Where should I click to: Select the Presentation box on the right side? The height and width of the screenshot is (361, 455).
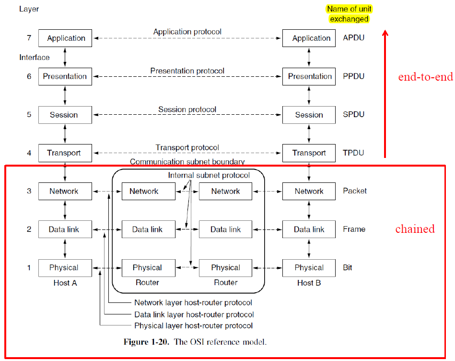(309, 76)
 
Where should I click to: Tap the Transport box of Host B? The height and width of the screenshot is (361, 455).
(309, 153)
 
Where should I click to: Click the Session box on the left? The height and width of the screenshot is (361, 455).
(64, 115)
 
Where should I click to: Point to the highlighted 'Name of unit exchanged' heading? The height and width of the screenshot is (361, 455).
(349, 14)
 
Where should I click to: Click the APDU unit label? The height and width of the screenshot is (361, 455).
(354, 37)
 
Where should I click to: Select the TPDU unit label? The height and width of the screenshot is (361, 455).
(354, 153)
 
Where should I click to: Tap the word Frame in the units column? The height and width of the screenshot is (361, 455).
(354, 229)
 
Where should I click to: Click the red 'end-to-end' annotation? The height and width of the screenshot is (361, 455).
(425, 77)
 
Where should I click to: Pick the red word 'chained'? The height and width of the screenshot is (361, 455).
(415, 229)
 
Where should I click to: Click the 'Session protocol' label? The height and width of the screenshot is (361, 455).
(187, 109)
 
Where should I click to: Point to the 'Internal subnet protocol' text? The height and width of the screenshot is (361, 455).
(209, 175)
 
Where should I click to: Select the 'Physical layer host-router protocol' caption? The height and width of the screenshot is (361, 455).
(193, 326)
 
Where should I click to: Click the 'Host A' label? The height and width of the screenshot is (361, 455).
(65, 283)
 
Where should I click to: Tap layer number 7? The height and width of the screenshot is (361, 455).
(29, 37)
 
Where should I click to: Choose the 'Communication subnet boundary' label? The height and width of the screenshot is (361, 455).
(187, 162)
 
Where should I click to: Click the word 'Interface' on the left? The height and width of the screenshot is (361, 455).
(34, 58)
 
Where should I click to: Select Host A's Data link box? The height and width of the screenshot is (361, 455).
(64, 229)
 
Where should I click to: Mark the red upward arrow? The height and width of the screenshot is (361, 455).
(385, 94)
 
